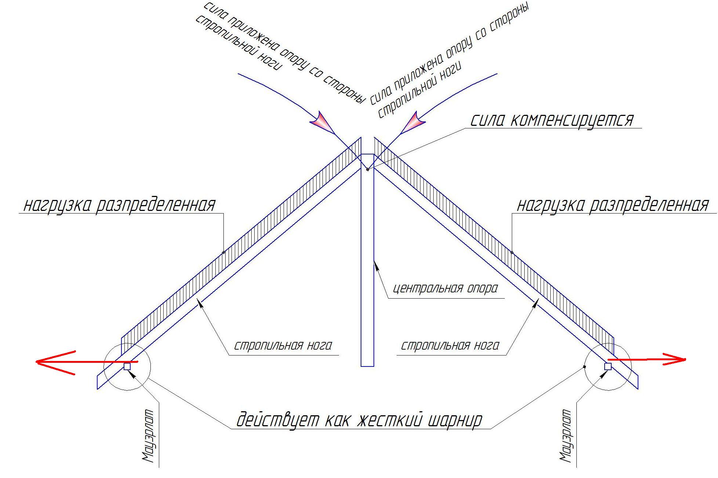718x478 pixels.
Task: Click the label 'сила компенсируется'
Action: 552,120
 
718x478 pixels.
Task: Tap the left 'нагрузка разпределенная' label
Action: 120,205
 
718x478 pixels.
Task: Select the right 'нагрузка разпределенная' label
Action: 613,205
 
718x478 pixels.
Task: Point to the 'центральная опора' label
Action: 445,288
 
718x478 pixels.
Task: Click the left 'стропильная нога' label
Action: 283,346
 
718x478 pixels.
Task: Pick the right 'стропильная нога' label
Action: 450,346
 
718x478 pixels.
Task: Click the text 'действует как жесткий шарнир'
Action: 359,420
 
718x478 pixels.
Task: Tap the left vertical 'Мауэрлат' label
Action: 147,436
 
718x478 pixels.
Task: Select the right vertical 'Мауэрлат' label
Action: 565,435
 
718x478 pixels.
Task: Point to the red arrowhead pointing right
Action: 674,360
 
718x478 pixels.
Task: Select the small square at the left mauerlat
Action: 127,366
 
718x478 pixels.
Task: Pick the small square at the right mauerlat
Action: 608,366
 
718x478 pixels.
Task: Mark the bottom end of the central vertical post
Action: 367,366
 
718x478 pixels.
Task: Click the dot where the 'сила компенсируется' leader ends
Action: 367,169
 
